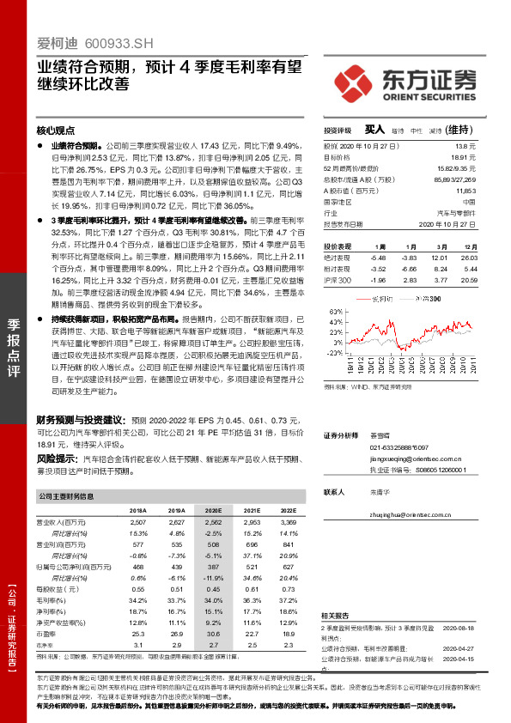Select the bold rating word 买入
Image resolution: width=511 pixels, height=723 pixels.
pyautogui.click(x=374, y=130)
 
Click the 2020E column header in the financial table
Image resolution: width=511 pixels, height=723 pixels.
pyautogui.click(x=212, y=510)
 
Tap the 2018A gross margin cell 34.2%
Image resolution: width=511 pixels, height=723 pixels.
pyautogui.click(x=135, y=600)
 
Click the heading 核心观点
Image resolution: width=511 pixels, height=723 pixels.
pyautogui.click(x=56, y=131)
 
